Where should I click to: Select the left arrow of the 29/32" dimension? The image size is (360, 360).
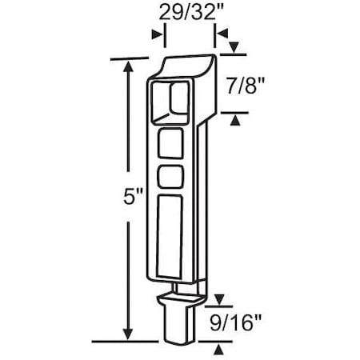click(158, 34)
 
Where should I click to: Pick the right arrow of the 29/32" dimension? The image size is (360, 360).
click(220, 34)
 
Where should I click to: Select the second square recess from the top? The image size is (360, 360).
click(170, 146)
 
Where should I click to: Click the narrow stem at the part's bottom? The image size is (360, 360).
click(178, 325)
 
